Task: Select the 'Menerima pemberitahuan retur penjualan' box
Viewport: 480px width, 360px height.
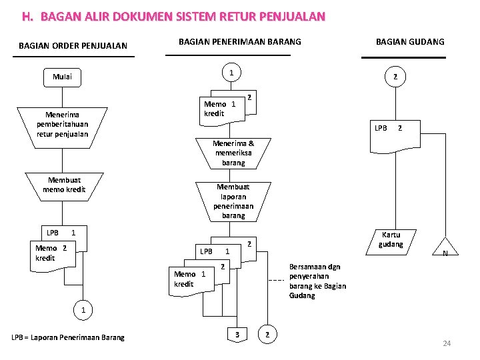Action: click(x=63, y=125)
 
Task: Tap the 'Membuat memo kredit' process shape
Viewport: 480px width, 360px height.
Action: click(x=64, y=185)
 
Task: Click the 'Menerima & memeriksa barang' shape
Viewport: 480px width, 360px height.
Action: click(x=233, y=153)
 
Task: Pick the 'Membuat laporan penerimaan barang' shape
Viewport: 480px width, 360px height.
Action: click(x=233, y=201)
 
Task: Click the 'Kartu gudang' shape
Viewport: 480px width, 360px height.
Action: click(x=391, y=241)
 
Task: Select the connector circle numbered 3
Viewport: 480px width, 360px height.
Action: click(x=237, y=333)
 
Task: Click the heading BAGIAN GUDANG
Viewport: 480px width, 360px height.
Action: click(x=410, y=42)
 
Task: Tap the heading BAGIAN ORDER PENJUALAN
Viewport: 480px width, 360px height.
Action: click(x=73, y=46)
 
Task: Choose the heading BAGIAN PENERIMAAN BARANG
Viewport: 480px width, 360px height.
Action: click(x=240, y=41)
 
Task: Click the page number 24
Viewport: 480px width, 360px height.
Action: click(x=447, y=343)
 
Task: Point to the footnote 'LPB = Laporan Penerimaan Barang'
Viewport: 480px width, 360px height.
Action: click(x=68, y=337)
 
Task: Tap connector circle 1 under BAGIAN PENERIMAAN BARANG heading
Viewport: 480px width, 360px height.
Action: click(x=230, y=73)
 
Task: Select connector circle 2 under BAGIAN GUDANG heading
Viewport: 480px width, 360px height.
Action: click(x=395, y=77)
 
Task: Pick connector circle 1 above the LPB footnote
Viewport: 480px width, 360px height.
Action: click(x=83, y=310)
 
